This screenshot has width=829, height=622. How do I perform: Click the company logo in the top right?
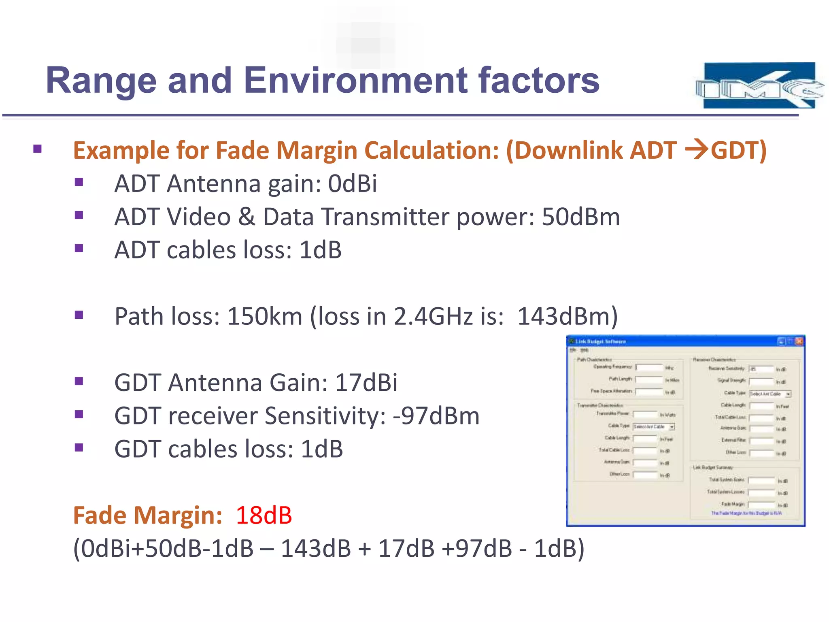(759, 85)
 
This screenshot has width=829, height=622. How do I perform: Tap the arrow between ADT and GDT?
(696, 150)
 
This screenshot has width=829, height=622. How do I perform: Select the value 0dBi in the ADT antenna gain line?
(352, 183)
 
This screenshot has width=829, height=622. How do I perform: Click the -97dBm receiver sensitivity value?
(436, 416)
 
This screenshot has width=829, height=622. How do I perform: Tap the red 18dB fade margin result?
(264, 515)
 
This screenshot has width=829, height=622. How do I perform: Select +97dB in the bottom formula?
(477, 549)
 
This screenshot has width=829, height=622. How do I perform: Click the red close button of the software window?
(799, 341)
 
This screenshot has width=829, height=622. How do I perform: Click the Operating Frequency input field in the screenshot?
(649, 367)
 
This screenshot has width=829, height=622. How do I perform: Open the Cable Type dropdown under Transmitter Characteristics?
(672, 427)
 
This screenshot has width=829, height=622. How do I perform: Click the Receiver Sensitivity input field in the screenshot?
(761, 369)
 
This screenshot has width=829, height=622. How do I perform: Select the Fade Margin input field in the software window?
(761, 505)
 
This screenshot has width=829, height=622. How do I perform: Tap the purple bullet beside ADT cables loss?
(79, 248)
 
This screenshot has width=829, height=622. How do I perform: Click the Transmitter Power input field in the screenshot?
(645, 414)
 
